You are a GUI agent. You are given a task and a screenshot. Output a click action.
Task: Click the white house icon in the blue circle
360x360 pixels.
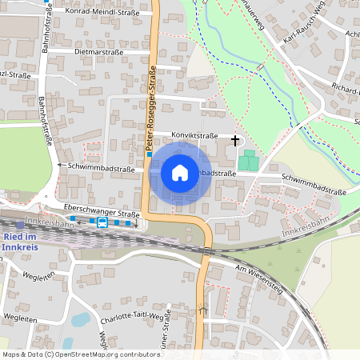pyautogui.click(x=180, y=173)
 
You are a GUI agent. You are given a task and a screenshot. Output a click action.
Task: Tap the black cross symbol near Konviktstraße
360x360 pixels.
pyautogui.click(x=235, y=140)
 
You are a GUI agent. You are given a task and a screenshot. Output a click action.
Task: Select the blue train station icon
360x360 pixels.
pyautogui.click(x=102, y=223)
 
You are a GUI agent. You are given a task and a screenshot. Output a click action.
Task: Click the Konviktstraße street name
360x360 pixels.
pyautogui.click(x=185, y=134)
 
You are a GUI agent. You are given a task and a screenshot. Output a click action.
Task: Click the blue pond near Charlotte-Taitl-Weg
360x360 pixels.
pyautogui.click(x=81, y=321)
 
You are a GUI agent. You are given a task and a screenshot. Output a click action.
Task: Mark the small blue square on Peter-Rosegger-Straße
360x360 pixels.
pyautogui.click(x=149, y=154)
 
